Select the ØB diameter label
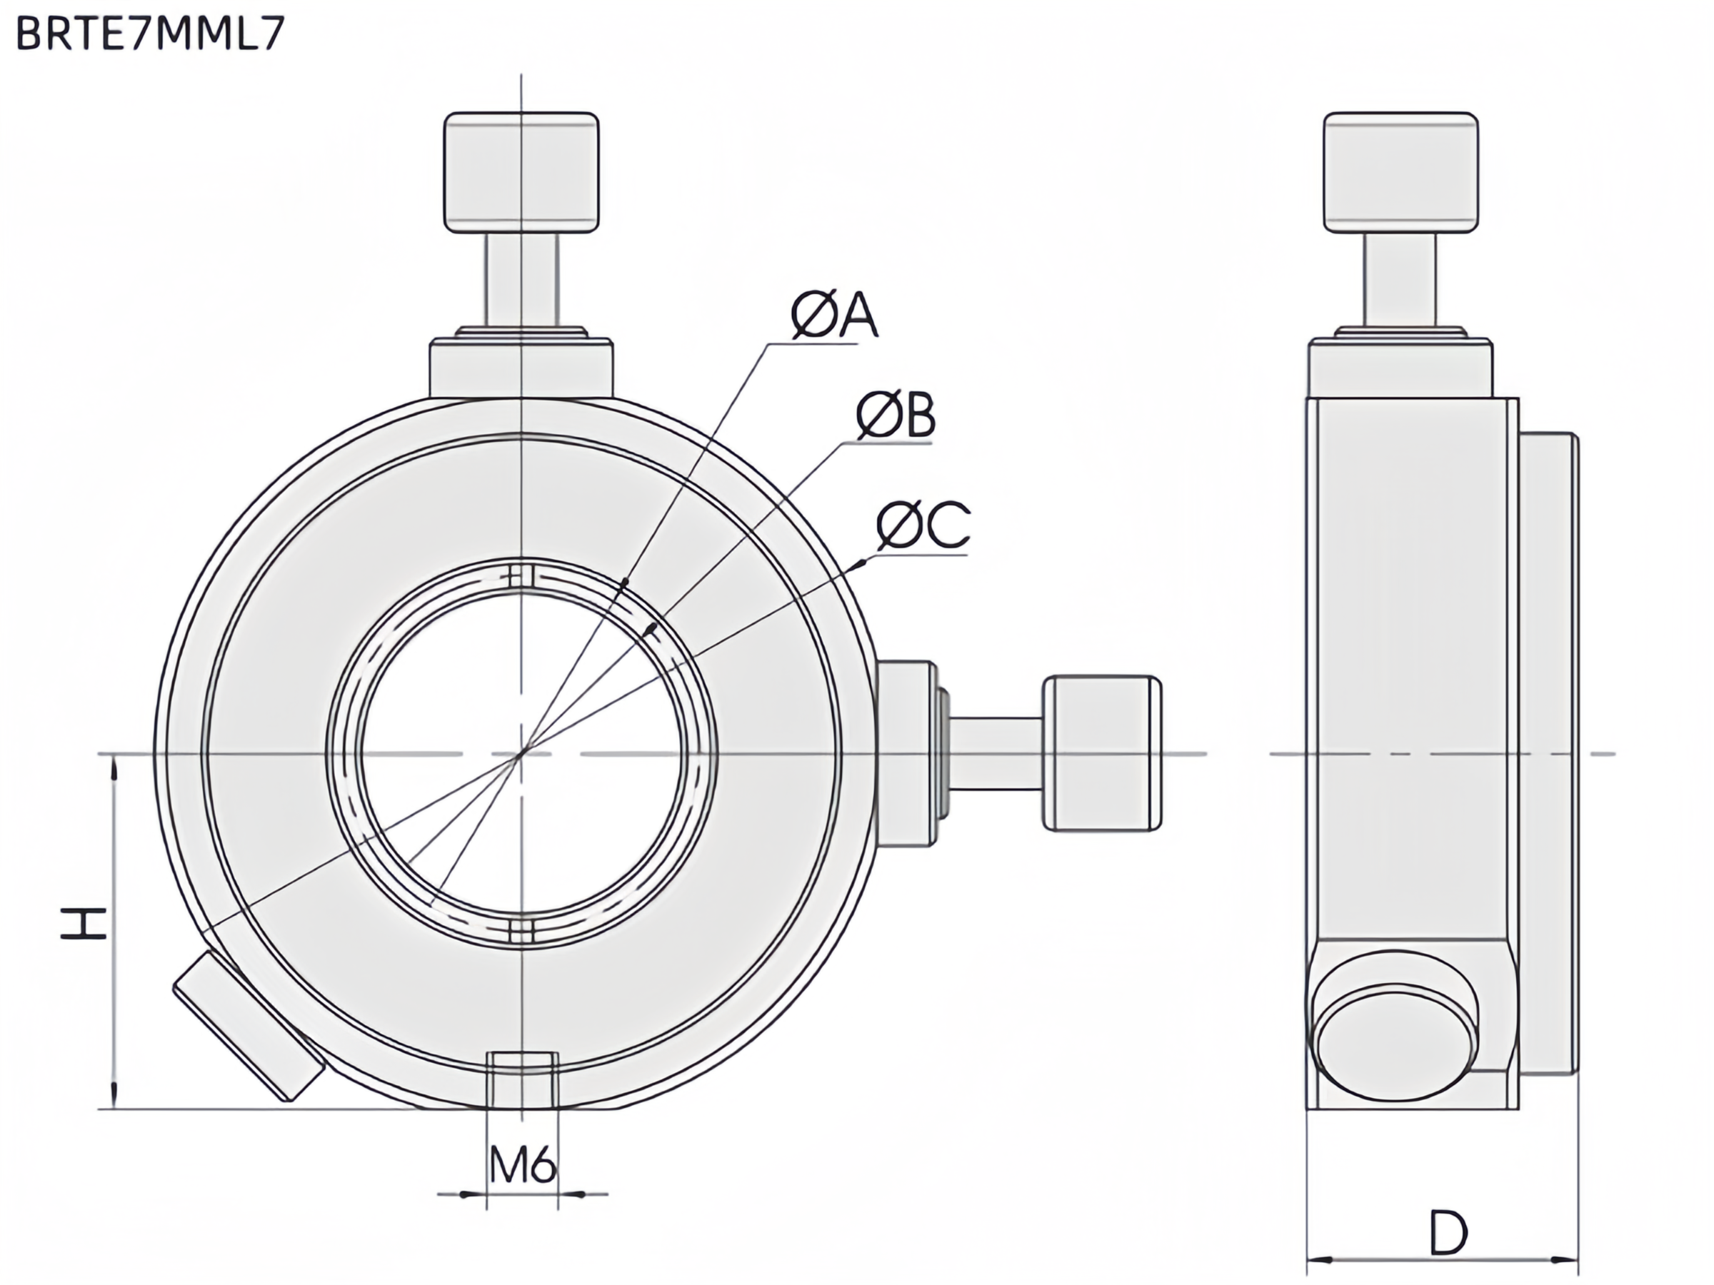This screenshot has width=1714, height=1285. (896, 416)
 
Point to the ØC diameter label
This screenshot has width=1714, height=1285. (923, 525)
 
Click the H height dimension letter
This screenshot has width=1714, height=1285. (84, 924)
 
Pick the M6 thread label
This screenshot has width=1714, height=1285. (523, 1164)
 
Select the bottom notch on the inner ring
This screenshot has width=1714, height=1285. (522, 930)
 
